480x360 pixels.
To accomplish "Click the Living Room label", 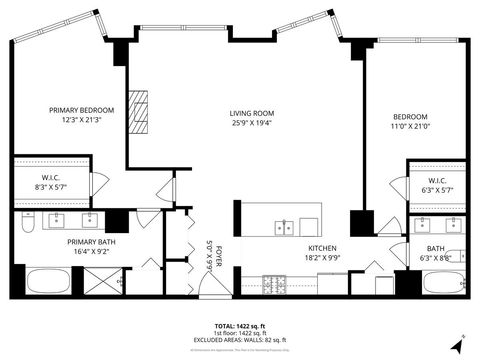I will [251, 114].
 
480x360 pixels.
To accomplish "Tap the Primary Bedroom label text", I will [83, 110].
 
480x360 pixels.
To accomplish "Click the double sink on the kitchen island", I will [286, 226].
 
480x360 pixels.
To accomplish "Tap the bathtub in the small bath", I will [440, 282].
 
